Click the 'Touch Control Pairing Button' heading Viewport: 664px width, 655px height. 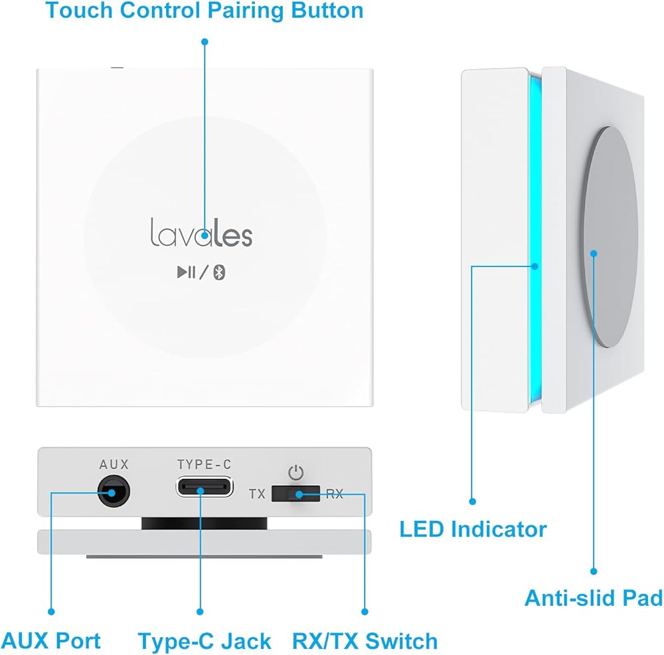[204, 11]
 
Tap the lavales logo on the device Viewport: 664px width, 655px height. [202, 233]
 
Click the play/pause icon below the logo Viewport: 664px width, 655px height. [187, 272]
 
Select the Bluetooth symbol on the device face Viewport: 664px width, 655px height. [219, 272]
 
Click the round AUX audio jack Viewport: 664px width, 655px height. [114, 491]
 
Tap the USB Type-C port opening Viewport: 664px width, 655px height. [205, 486]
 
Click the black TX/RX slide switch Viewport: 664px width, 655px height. [295, 494]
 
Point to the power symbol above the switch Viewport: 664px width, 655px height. [295, 472]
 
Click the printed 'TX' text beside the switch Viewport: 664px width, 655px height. [257, 494]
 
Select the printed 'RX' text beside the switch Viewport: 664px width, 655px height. [335, 494]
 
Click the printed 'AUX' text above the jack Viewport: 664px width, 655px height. [114, 464]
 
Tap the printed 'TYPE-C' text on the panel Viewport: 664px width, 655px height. [204, 464]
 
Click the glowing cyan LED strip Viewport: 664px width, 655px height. [535, 239]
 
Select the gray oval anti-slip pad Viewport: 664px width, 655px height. [610, 237]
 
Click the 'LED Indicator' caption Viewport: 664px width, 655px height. [473, 529]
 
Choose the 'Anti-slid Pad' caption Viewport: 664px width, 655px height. [594, 599]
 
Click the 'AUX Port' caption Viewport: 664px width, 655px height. [51, 640]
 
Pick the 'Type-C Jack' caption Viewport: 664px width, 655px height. [204, 641]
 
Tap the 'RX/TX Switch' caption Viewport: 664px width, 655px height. [365, 640]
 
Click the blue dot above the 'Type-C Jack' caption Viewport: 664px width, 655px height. [200, 612]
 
